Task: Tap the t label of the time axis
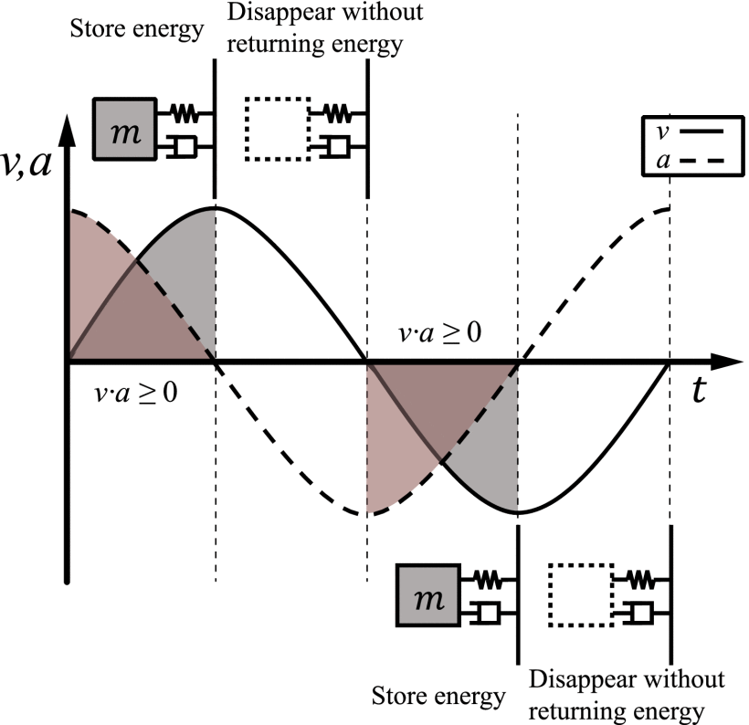pyautogui.click(x=700, y=391)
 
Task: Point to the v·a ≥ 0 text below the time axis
pyautogui.click(x=136, y=394)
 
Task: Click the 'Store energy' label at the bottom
pyautogui.click(x=438, y=696)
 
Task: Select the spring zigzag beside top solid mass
pyautogui.click(x=186, y=114)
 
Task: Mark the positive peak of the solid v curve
pyautogui.click(x=215, y=208)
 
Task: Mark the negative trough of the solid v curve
pyautogui.click(x=518, y=513)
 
